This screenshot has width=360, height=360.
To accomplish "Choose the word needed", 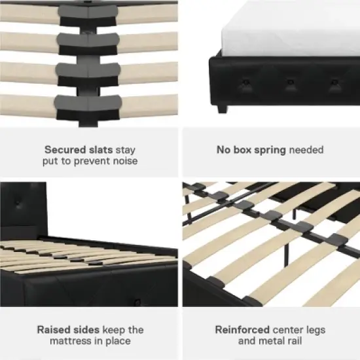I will (306, 150).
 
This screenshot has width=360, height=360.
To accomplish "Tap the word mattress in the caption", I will (73, 341).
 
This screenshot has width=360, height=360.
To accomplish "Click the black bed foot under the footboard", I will (219, 107).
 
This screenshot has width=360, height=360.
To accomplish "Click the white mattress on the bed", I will (288, 29).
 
